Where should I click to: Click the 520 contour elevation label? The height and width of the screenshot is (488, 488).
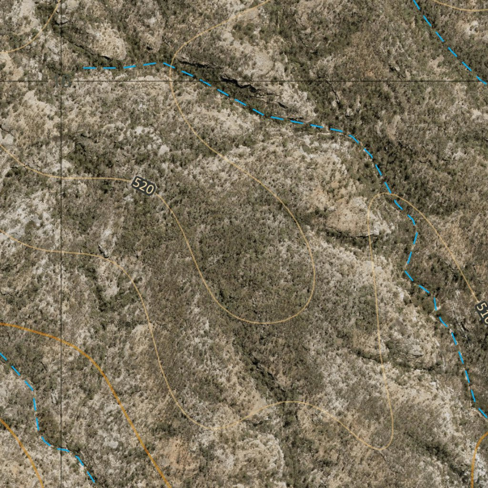(143, 186)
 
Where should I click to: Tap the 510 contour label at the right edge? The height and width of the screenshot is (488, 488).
(482, 312)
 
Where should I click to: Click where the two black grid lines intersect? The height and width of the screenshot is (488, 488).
(61, 81)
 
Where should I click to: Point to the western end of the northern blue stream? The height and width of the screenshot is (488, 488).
(85, 68)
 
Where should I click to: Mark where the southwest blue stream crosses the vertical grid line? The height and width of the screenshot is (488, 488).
(61, 449)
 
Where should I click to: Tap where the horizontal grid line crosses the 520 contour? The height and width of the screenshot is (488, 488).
(170, 81)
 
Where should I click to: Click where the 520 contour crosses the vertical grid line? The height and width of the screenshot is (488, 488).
(61, 178)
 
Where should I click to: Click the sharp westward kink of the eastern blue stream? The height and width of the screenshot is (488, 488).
(406, 272)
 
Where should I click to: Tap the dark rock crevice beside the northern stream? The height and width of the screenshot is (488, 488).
(238, 86)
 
